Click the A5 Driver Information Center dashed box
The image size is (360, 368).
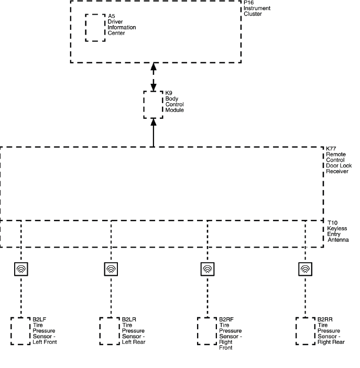(95, 27)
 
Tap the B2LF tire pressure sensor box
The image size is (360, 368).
(20, 330)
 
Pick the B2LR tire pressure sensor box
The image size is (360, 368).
(110, 330)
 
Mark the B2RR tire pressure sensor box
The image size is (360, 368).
(305, 330)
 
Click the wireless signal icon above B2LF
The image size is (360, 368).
(21, 269)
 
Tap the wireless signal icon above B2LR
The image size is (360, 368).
(111, 269)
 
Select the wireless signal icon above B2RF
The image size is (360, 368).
(208, 269)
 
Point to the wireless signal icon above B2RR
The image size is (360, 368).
(305, 269)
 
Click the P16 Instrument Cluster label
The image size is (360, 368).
(254, 8)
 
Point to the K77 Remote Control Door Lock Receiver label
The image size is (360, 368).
(339, 160)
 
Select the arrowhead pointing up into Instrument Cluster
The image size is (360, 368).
(154, 67)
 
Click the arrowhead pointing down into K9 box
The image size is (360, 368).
(154, 87)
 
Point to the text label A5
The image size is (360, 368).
(111, 16)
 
